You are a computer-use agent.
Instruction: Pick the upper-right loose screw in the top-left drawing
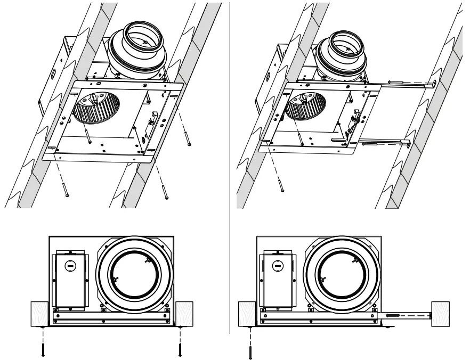(x=187, y=136)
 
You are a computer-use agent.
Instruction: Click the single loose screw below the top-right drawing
(x=281, y=184)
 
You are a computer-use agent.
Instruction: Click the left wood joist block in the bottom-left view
(x=40, y=313)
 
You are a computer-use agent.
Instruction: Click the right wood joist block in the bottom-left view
(x=182, y=313)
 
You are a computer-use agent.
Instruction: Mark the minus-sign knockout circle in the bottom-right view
(x=277, y=265)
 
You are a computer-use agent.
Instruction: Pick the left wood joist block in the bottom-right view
(x=247, y=313)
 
